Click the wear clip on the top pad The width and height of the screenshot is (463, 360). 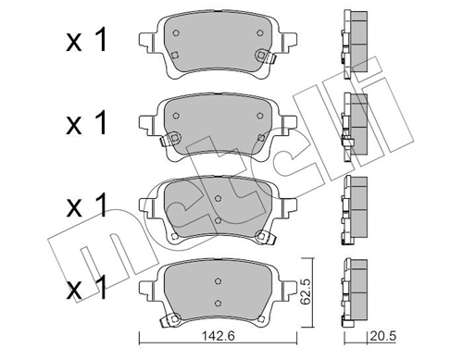pyautogui.click(x=271, y=58)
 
